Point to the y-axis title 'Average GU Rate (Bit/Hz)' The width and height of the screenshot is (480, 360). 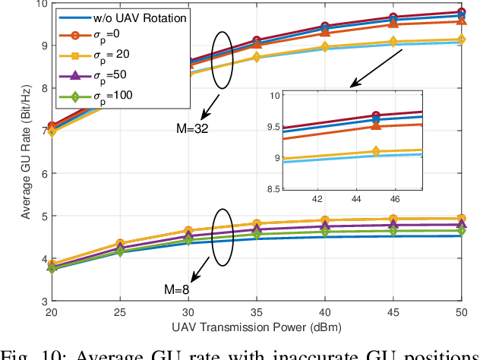click(x=26, y=152)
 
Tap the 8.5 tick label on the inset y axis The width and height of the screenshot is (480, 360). click(x=270, y=189)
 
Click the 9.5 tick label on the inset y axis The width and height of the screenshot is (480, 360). click(x=270, y=127)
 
